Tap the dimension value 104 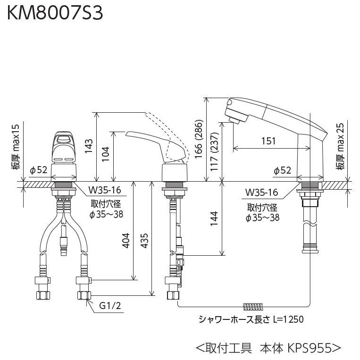click(106, 154)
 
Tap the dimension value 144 click(214, 219)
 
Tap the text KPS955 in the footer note click(309, 348)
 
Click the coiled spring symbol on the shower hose click(248, 305)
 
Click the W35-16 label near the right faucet click(261, 193)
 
